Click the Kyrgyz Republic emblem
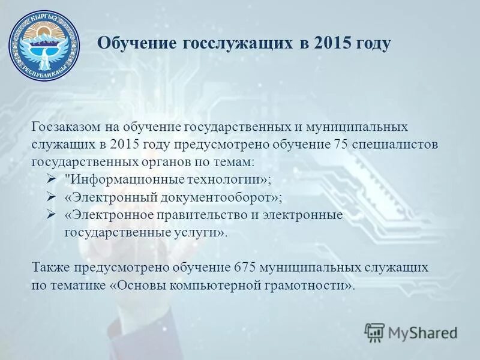pos(44,45)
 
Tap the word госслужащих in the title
pos(233,44)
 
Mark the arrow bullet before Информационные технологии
pos(50,179)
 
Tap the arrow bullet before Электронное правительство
pos(50,215)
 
